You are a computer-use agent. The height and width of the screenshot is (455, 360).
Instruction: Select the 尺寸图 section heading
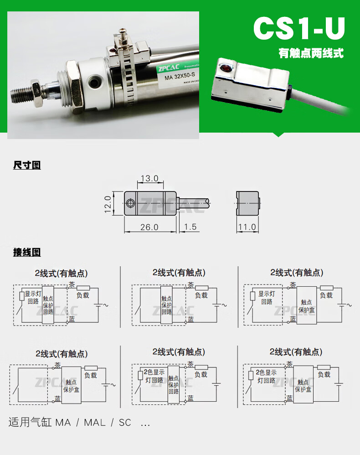[27, 165]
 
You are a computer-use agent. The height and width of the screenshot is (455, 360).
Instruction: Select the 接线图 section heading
[27, 252]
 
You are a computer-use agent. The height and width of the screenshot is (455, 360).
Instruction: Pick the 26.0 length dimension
[149, 227]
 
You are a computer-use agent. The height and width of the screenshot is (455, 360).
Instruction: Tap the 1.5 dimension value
[190, 227]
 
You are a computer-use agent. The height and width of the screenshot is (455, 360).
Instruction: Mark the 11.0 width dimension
[247, 227]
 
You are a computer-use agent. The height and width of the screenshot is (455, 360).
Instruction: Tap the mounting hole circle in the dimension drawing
[131, 203]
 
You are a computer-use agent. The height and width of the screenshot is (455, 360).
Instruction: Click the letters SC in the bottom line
[125, 423]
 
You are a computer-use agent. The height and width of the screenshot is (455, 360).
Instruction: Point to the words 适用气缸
[30, 423]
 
